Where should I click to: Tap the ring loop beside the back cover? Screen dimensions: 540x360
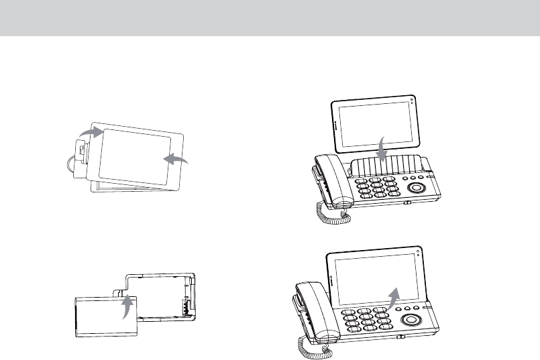pyautogui.click(x=72, y=163)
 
